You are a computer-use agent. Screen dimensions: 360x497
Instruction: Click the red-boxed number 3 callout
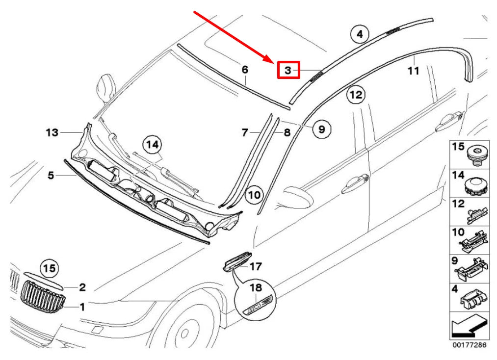tap(288, 70)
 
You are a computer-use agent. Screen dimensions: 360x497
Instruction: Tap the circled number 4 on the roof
tap(359, 34)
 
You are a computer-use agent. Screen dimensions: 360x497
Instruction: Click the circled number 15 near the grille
tap(49, 268)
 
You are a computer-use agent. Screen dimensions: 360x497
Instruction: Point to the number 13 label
tap(52, 132)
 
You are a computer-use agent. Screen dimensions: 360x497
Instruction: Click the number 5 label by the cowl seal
tap(51, 175)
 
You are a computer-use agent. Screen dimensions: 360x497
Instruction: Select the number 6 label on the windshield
tap(245, 70)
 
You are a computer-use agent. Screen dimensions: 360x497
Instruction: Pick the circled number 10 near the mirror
tap(254, 195)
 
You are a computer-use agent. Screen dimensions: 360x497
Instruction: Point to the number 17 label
tap(256, 267)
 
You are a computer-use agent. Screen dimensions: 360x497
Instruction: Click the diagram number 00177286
tap(470, 345)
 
